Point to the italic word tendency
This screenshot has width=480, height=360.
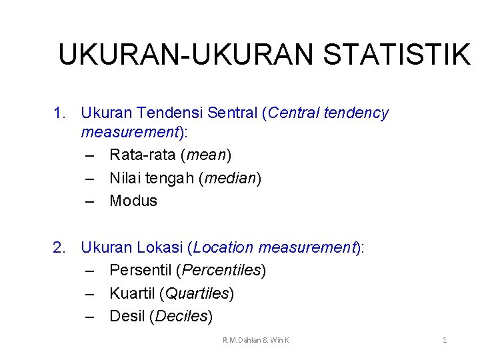point(357,113)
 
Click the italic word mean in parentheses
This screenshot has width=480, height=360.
point(207,155)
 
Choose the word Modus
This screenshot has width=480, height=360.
point(133,201)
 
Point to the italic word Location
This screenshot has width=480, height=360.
point(223,248)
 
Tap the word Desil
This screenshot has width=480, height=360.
point(127,316)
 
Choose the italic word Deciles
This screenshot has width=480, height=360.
point(181,316)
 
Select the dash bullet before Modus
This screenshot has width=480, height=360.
point(91,201)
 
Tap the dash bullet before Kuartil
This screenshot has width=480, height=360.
point(91,293)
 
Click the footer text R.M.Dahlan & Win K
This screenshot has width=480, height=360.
point(256,340)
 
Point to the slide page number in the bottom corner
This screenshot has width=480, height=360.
point(445,340)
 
